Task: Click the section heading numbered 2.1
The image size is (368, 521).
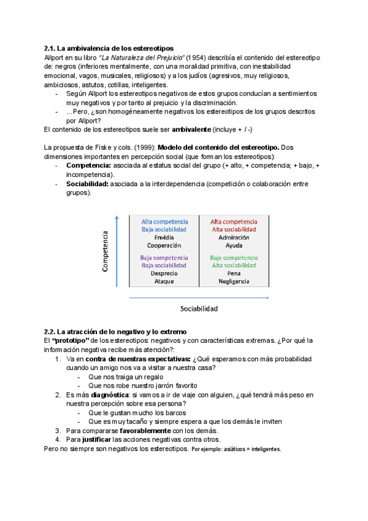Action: [109, 48]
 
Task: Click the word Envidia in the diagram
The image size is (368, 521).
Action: [164, 237]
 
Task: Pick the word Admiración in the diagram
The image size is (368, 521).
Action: [234, 237]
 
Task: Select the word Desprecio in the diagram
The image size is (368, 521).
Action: [164, 273]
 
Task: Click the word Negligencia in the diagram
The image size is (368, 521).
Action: [234, 281]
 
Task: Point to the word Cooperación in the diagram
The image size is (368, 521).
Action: [164, 245]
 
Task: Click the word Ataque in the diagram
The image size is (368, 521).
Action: [164, 281]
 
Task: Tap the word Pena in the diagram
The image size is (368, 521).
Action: [234, 273]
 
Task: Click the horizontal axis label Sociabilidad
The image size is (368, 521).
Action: [199, 308]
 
